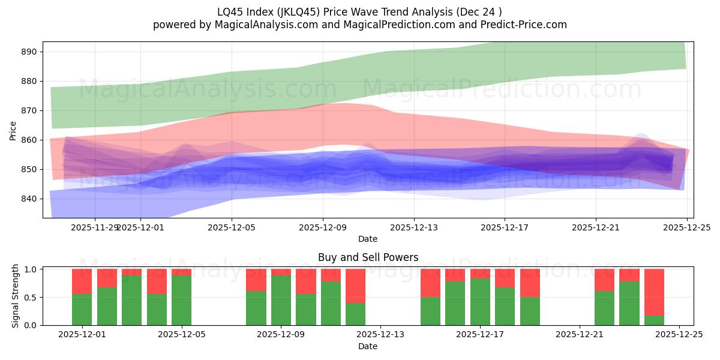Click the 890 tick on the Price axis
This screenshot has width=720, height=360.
click(x=29, y=52)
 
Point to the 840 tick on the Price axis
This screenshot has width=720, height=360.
click(x=29, y=199)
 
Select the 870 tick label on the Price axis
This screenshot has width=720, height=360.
click(x=29, y=110)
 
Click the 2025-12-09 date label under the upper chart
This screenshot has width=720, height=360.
click(x=323, y=227)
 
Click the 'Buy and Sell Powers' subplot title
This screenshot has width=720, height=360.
click(x=368, y=257)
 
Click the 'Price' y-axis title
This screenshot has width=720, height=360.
click(x=13, y=130)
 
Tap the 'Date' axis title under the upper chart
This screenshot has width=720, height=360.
click(x=368, y=239)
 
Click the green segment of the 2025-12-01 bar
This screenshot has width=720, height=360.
click(x=82, y=310)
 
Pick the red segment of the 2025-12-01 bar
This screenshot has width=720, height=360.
click(x=82, y=281)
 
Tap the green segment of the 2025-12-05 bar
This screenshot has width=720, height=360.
click(x=181, y=300)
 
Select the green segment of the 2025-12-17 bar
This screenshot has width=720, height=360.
click(x=480, y=302)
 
